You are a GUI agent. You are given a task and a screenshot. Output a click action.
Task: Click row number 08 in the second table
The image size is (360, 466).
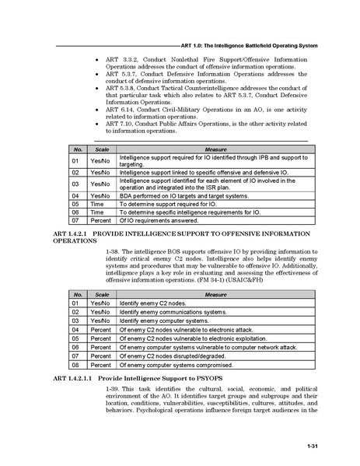point(75,363)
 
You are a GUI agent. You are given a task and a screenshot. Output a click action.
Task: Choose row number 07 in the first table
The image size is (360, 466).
point(75,220)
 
